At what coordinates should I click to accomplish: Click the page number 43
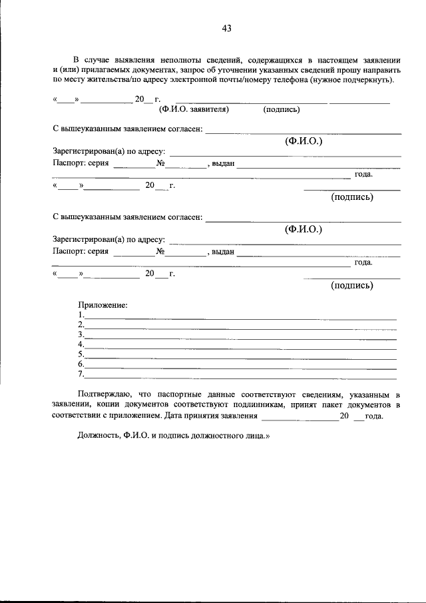coord(226,28)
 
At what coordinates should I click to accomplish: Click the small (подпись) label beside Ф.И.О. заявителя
coord(282,109)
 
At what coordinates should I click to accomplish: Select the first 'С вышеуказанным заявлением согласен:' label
coord(127,129)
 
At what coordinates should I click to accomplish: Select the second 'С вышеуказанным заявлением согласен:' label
coord(127,217)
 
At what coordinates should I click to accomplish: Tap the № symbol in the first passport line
coord(160,163)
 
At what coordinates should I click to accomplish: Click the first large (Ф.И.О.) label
coord(304,141)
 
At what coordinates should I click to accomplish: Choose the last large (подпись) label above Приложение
coord(352,285)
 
